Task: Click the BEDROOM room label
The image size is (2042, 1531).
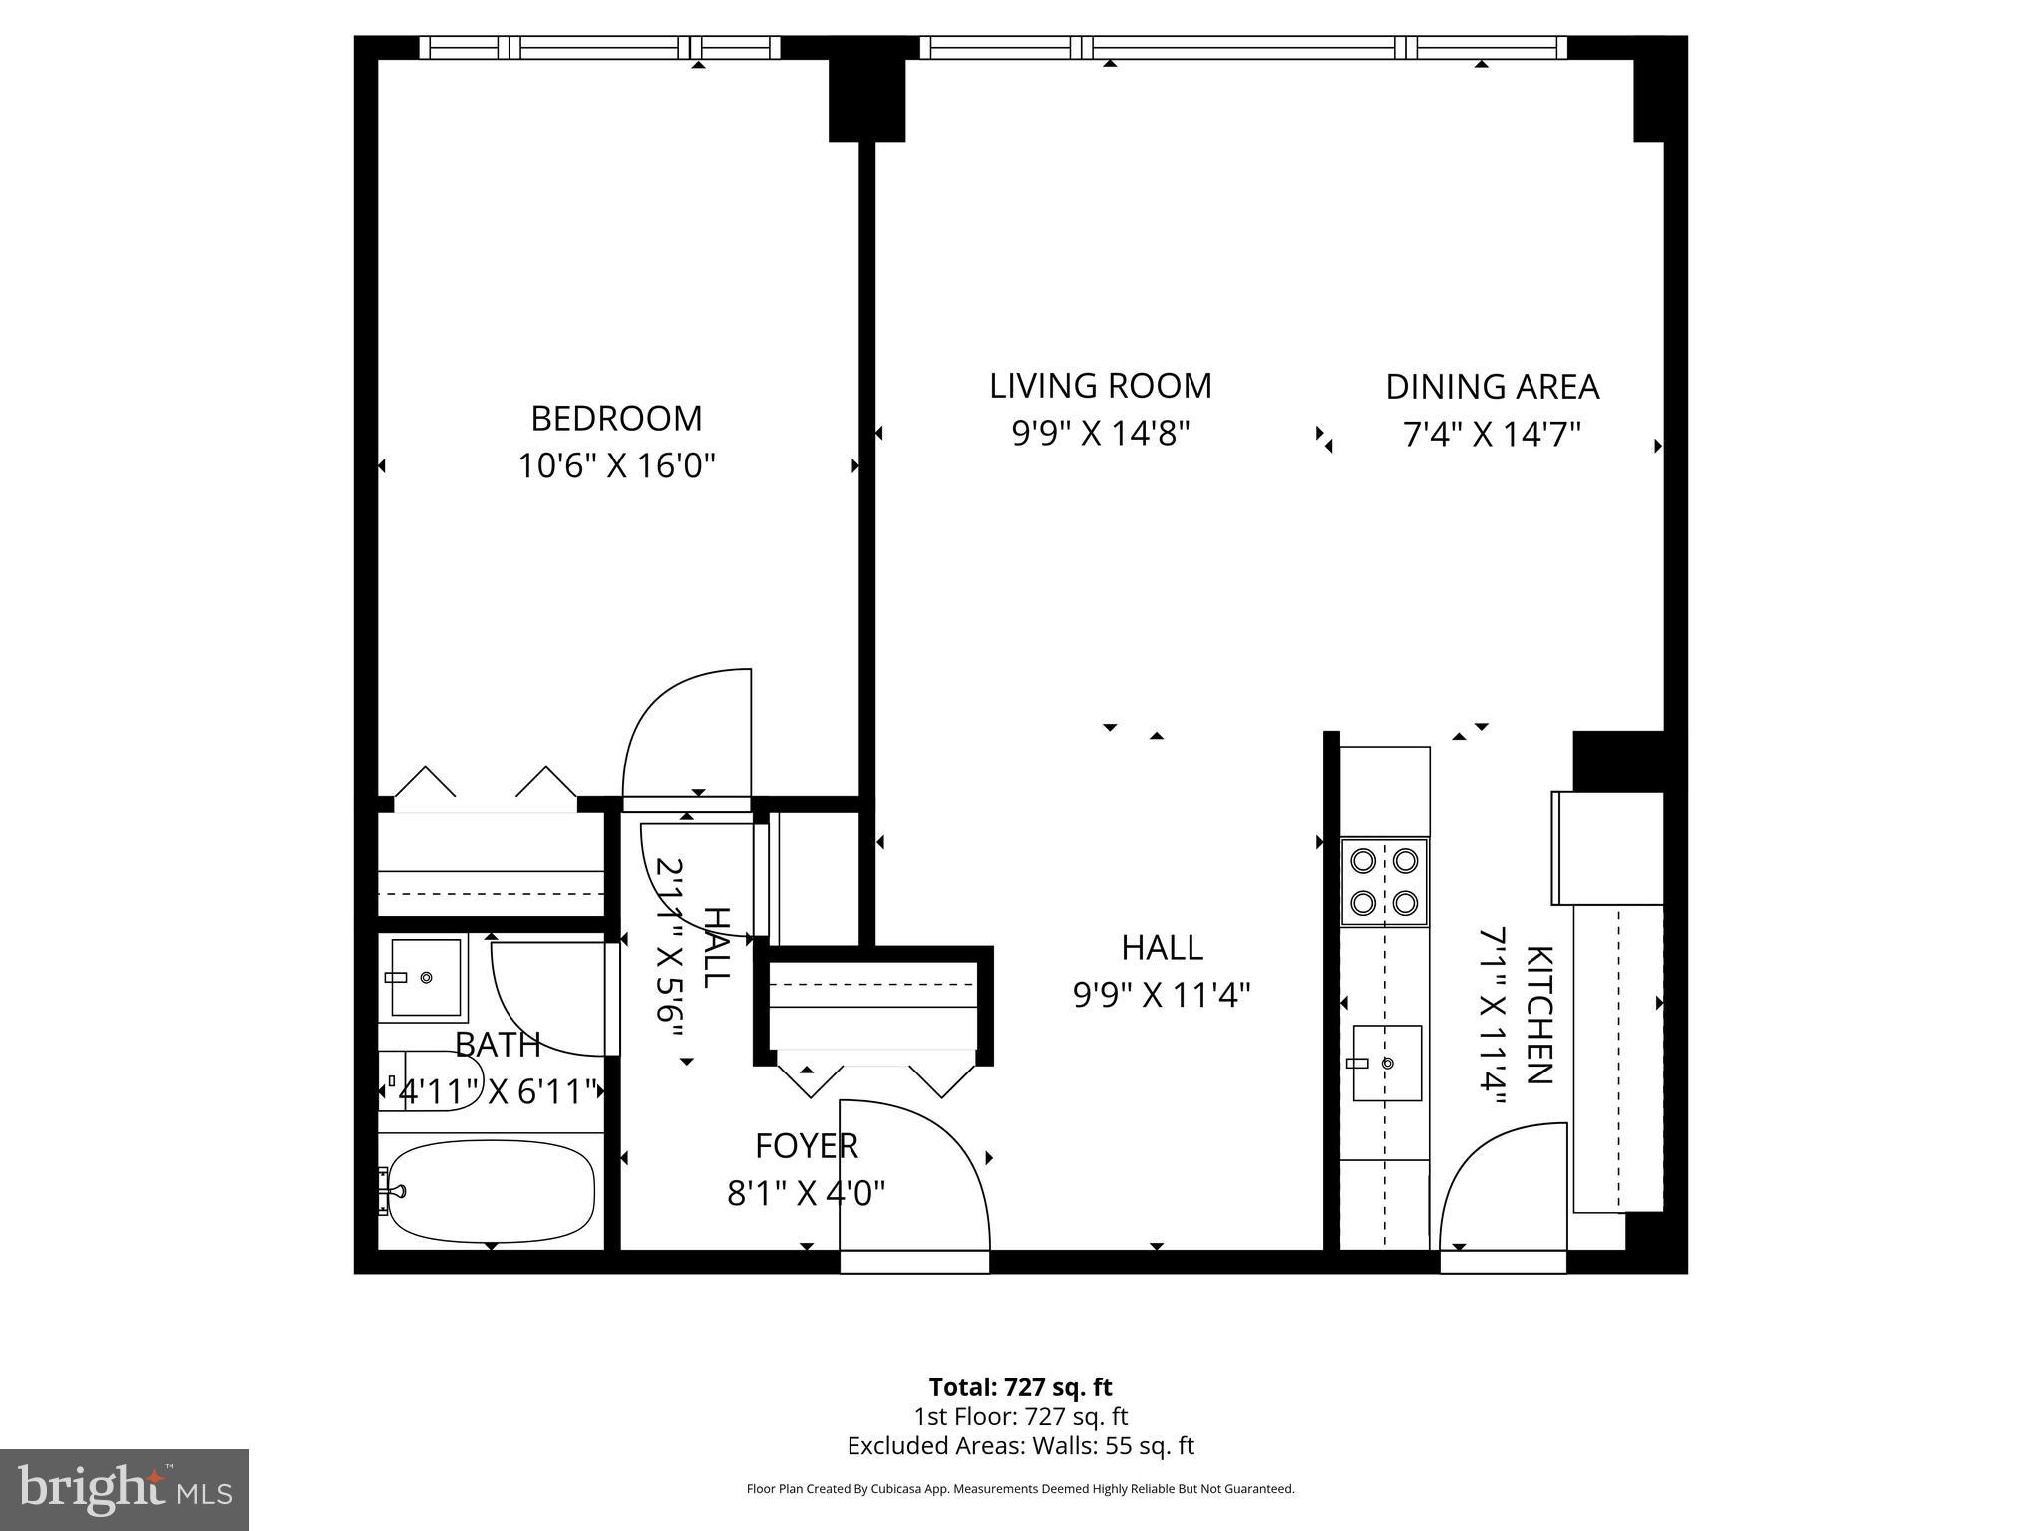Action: [616, 418]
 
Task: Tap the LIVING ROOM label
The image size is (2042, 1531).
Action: [1101, 386]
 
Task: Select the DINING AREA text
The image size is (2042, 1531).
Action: [1493, 387]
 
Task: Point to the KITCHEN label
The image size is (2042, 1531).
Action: [1538, 1015]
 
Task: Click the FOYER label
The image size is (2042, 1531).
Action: [807, 1146]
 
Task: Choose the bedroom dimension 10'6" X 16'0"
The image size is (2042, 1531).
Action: [617, 465]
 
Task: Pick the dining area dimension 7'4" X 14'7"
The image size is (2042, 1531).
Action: [1493, 435]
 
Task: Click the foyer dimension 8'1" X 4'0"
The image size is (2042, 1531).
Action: [807, 1193]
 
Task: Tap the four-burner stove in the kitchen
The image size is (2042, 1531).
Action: [1384, 882]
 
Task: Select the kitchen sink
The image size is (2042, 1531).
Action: [1387, 1063]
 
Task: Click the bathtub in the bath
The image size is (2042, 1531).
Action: [491, 1190]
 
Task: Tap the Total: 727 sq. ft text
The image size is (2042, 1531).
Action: [1020, 1387]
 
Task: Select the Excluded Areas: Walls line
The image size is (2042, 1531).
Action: [1020, 1446]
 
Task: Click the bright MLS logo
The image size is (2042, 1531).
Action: [125, 1490]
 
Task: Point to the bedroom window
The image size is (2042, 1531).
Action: [599, 48]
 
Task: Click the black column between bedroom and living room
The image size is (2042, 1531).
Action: [867, 100]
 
